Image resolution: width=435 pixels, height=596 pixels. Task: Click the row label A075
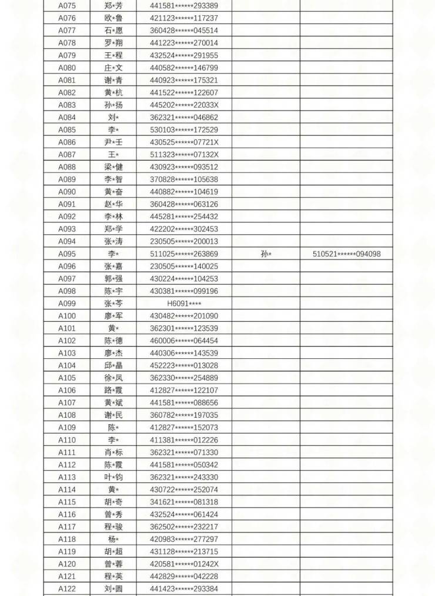click(66, 6)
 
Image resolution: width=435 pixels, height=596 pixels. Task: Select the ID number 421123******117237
click(183, 18)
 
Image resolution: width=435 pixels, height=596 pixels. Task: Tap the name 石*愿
click(113, 31)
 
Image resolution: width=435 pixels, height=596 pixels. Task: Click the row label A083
click(66, 105)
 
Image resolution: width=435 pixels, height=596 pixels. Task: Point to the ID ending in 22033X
click(183, 105)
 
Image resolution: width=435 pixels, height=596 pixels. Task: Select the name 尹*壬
click(113, 142)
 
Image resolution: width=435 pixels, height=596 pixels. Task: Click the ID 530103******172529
click(183, 129)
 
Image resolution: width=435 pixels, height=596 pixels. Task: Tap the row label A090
click(66, 192)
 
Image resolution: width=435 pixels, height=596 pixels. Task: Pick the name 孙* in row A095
click(266, 254)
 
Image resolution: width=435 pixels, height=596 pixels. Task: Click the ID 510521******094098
click(346, 254)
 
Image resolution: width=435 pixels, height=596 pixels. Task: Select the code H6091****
click(183, 304)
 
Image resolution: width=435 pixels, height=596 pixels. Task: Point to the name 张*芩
click(113, 304)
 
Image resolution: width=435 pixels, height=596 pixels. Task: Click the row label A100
click(66, 316)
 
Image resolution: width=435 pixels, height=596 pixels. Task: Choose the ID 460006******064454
click(183, 341)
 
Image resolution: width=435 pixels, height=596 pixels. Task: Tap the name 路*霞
click(113, 390)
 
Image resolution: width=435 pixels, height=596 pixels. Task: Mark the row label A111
click(66, 452)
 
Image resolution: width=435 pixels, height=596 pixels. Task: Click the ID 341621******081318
click(183, 502)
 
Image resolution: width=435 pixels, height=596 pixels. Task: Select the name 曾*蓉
click(113, 564)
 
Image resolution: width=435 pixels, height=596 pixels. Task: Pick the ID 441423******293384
click(183, 588)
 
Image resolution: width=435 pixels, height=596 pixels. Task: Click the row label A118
click(66, 539)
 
